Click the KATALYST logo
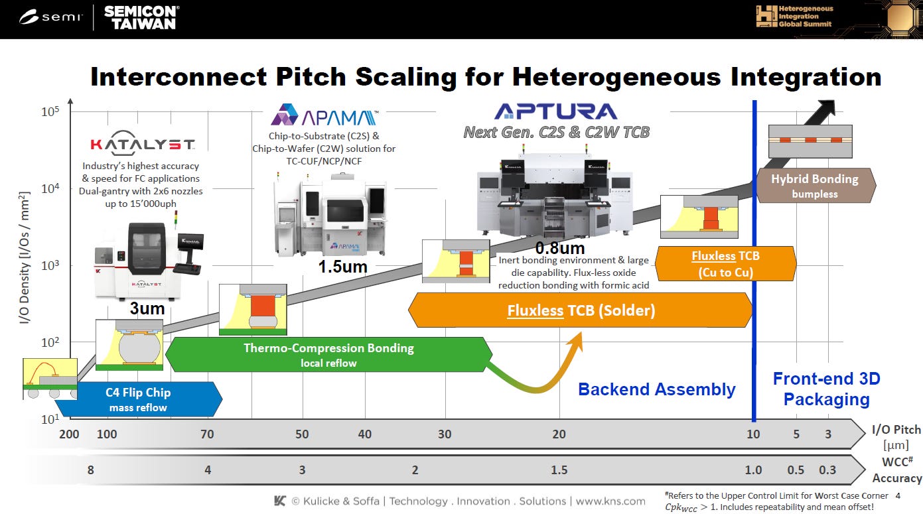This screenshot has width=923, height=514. click(x=142, y=145)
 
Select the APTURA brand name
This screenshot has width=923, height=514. click(x=556, y=111)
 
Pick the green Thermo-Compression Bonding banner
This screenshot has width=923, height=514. click(x=328, y=354)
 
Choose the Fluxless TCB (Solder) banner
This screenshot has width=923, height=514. click(x=581, y=310)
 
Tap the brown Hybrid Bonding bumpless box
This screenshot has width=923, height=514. click(x=814, y=185)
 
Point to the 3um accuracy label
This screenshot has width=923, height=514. click(x=148, y=308)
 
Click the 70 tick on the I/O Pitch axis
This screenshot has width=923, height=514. click(x=207, y=434)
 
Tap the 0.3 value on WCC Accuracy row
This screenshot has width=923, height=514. click(x=827, y=470)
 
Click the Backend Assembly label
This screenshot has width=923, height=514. click(x=656, y=389)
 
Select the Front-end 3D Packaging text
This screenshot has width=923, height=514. click(x=826, y=389)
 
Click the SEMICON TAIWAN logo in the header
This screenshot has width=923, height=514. click(x=140, y=17)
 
